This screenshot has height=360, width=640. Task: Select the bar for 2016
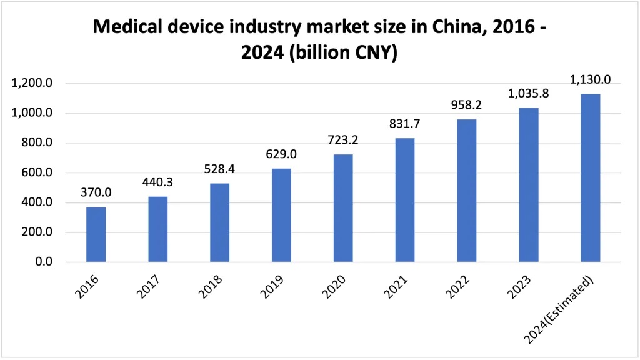(x=96, y=234)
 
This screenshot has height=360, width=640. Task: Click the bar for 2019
(x=281, y=215)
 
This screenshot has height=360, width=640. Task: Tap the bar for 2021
(x=405, y=200)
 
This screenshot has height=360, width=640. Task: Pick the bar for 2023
(x=529, y=185)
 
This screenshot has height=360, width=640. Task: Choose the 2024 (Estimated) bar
(x=590, y=178)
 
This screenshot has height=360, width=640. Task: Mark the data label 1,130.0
(x=590, y=79)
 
